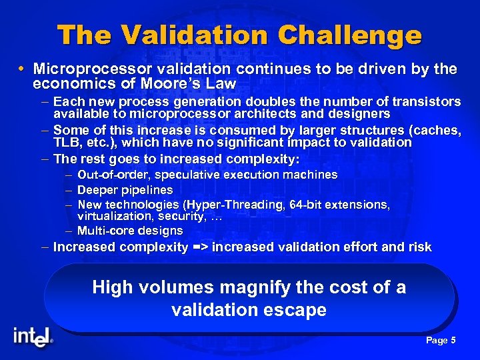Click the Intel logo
pyautogui.click(x=32, y=337)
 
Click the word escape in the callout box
pyautogui.click(x=295, y=310)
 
